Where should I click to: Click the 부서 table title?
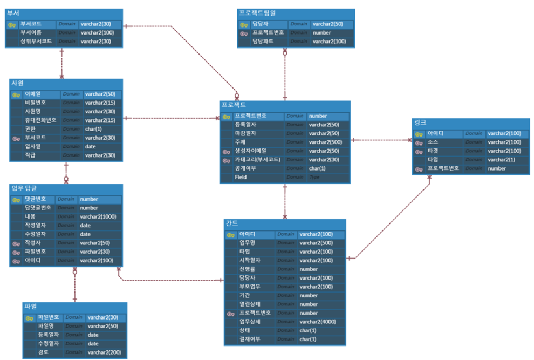click(x=13, y=13)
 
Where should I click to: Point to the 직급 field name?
click(x=31, y=155)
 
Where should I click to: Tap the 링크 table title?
click(x=420, y=123)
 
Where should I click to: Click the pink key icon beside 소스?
click(x=419, y=142)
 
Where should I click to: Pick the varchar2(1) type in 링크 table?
click(x=501, y=160)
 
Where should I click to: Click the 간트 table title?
click(x=232, y=223)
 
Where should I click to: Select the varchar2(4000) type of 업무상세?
click(x=318, y=322)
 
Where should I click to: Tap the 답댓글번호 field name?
click(x=38, y=208)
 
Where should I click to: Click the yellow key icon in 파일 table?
click(x=30, y=318)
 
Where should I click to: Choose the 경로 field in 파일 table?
click(x=43, y=352)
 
